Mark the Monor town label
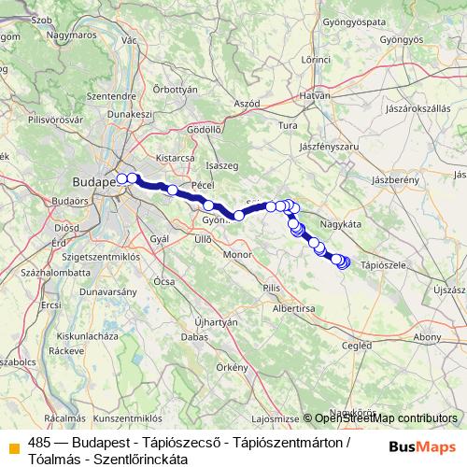coord(238,254)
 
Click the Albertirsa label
coord(291,307)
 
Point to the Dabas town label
coord(194,335)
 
